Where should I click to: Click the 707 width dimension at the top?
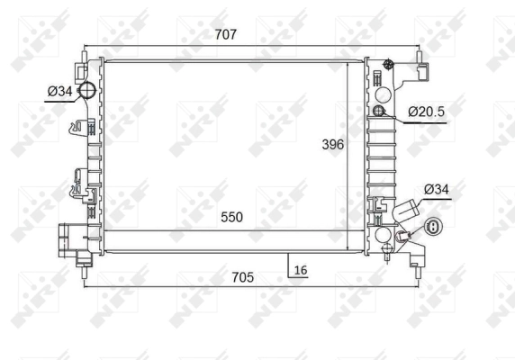225,35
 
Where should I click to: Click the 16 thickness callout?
300,270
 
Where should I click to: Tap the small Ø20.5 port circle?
379,112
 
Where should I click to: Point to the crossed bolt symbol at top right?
388,64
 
